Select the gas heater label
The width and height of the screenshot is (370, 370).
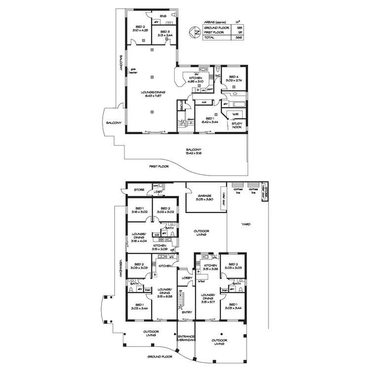click(x=133, y=71)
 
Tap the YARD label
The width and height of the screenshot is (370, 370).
click(x=246, y=224)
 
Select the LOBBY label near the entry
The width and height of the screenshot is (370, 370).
click(x=186, y=278)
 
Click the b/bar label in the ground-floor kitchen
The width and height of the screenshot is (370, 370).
click(x=201, y=281)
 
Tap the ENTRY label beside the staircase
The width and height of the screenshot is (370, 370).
click(x=187, y=312)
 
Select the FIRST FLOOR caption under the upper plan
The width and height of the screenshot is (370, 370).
click(x=158, y=167)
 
